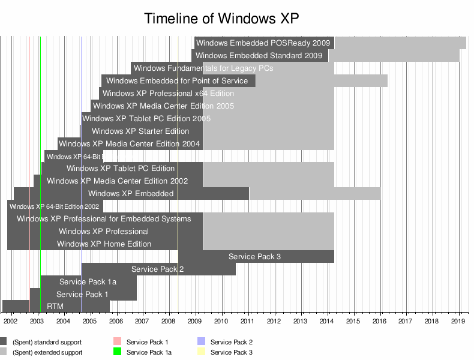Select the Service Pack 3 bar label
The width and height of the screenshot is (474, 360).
coord(254,257)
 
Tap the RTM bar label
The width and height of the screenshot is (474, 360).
coord(55,307)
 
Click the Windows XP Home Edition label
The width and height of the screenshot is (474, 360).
coord(104,244)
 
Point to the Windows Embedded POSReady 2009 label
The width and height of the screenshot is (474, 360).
coord(263,43)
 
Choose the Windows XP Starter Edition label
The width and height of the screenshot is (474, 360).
coord(140,131)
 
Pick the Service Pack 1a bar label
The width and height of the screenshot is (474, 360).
coord(88,282)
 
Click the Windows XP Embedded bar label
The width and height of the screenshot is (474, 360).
coord(130,194)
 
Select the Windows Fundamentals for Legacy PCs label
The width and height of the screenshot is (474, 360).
coord(203,68)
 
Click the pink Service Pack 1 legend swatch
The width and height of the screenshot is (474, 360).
coord(118,342)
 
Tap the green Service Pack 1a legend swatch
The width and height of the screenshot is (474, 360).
coord(118,352)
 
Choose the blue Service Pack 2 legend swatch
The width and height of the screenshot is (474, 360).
coord(202,342)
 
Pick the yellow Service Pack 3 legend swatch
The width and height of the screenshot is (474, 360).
coord(202,352)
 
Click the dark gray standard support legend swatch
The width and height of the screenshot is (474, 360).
coord(4,342)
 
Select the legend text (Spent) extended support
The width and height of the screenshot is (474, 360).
coord(47,353)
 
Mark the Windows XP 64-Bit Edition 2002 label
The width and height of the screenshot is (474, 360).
coord(55,206)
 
